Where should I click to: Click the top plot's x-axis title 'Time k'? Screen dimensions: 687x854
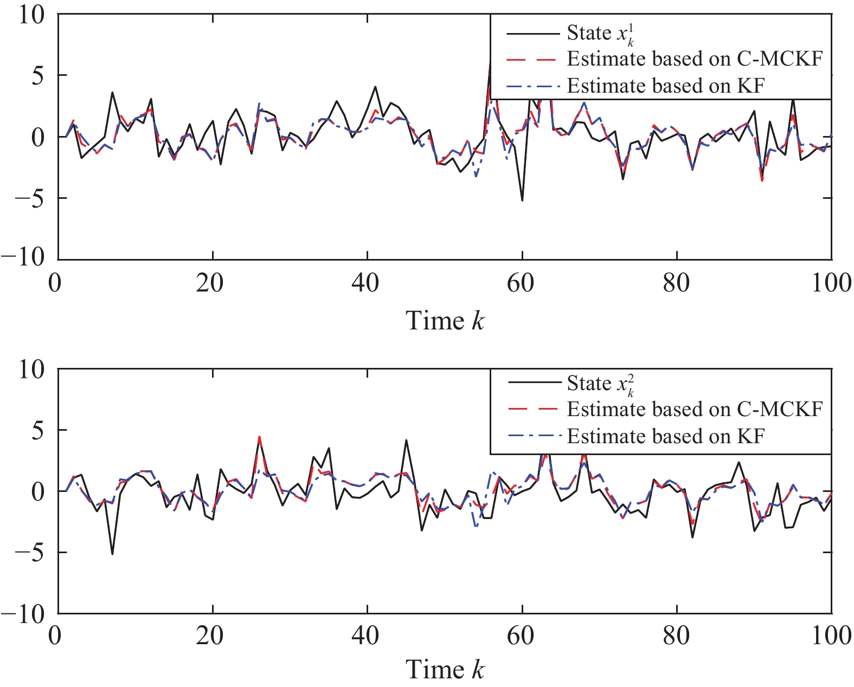(445, 321)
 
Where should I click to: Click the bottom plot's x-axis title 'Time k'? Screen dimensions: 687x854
(445, 670)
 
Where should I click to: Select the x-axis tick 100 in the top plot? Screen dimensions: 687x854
(831, 283)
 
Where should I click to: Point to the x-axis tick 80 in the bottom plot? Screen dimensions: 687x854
(676, 636)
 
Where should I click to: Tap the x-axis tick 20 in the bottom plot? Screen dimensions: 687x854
(210, 636)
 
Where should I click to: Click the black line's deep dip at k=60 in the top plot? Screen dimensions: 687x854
(522, 200)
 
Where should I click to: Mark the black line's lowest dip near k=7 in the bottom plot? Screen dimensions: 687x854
(112, 553)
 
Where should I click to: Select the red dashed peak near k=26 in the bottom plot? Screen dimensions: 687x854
(259, 437)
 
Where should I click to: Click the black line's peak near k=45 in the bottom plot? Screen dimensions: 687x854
(406, 440)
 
